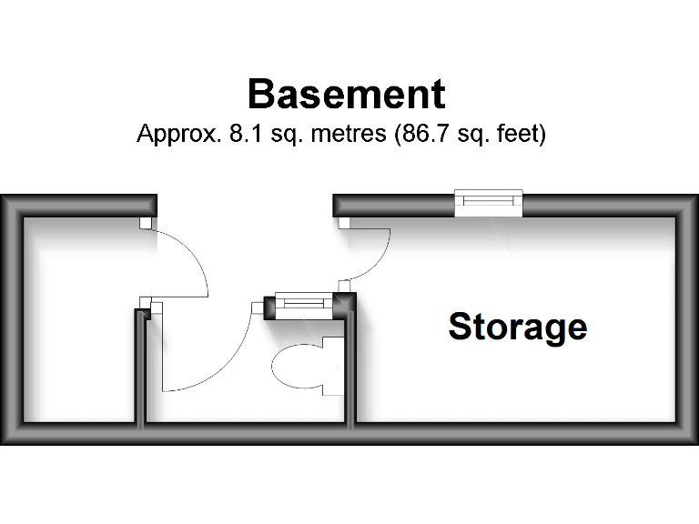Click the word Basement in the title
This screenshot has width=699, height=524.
tap(346, 95)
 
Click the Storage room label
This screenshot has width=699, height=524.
tap(517, 326)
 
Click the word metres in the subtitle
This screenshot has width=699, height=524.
tap(348, 135)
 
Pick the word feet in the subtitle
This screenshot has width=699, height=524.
tap(522, 135)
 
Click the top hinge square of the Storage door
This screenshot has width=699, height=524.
tap(343, 222)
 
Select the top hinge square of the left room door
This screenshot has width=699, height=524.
tap(145, 222)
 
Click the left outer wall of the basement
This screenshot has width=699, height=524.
tap(10, 318)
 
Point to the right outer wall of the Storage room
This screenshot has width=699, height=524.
tap(688, 318)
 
